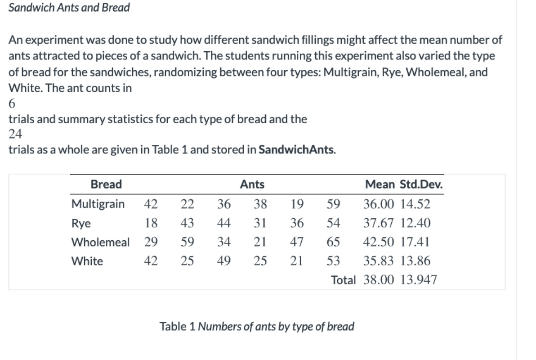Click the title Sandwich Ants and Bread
coord(69,8)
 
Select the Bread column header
coord(106,184)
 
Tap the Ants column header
coord(252,184)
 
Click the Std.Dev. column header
coord(419,184)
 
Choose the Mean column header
coord(380,184)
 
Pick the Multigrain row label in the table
coord(98,204)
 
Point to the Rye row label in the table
coord(81,224)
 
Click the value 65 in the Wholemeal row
coord(333,243)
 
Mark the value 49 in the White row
coord(224,261)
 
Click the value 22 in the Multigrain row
coord(187,204)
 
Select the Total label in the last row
coord(343,280)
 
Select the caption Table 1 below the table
coord(257,326)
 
